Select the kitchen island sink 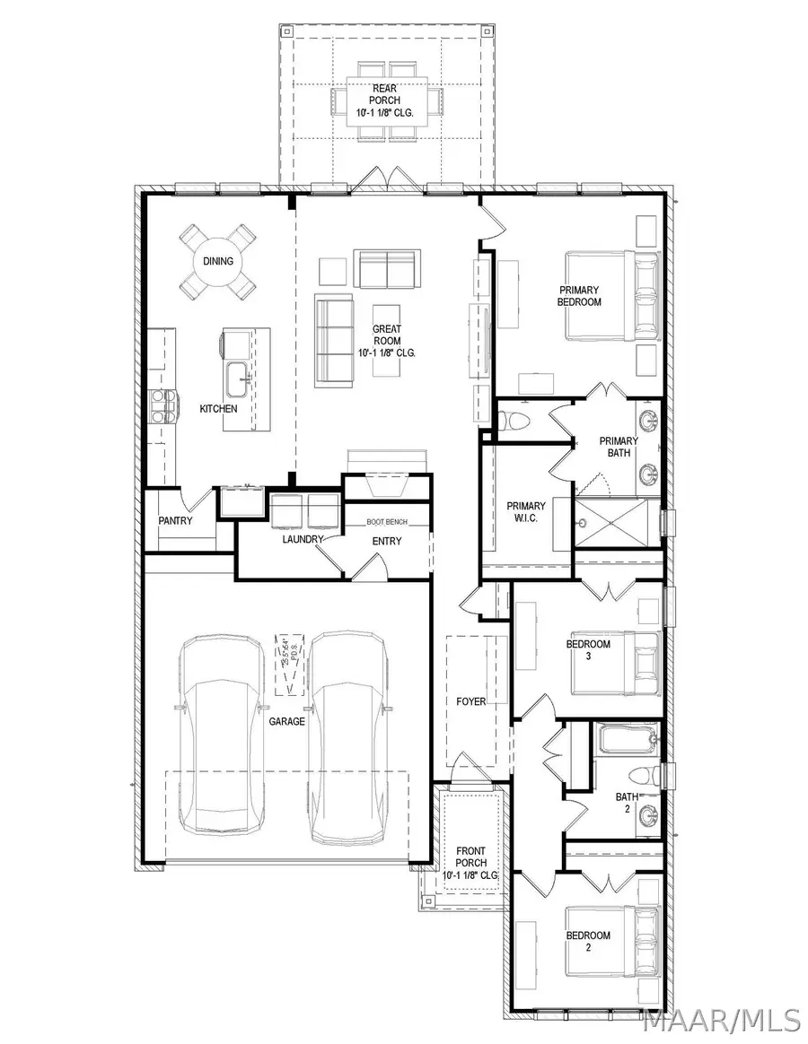point(239,378)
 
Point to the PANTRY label point(175,520)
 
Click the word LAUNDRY point(302,540)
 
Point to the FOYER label point(471,701)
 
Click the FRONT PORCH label point(470,863)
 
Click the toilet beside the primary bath point(517,419)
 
